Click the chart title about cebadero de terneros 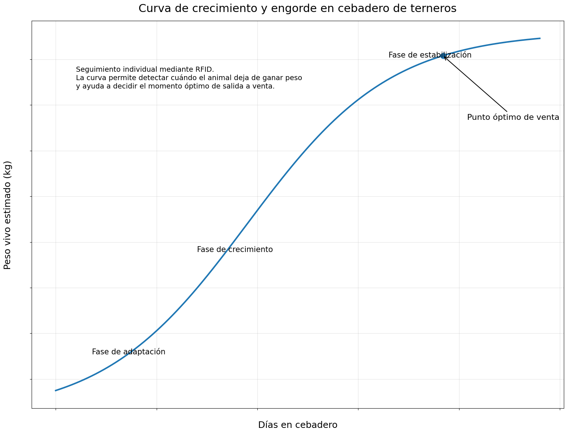tap(297, 8)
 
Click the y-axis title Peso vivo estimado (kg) tap(8, 215)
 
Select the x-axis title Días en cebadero tap(297, 425)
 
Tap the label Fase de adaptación tap(128, 352)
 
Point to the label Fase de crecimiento tap(235, 250)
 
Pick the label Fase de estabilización tap(430, 55)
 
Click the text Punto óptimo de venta tap(513, 117)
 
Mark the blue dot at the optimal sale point tap(443, 56)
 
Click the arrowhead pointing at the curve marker tap(445, 58)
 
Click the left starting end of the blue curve tap(56, 390)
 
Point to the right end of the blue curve tap(540, 38)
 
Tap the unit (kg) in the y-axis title tap(8, 168)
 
